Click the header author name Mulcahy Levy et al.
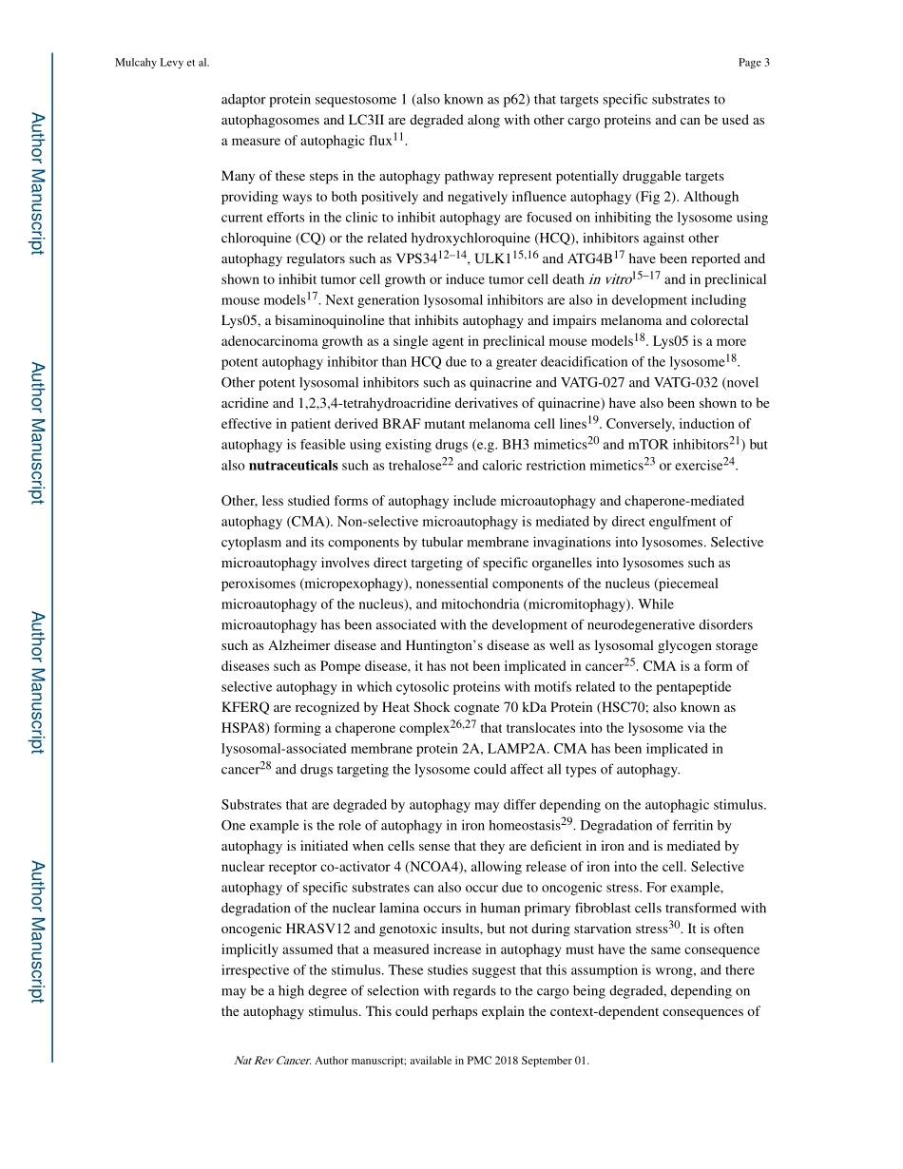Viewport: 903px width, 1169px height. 162,63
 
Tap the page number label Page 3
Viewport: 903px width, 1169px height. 753,63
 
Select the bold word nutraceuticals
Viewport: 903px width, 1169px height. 293,466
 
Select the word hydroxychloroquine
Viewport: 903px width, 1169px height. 459,239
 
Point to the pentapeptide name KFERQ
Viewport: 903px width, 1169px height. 245,708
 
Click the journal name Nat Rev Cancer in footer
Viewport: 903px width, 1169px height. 272,1061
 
